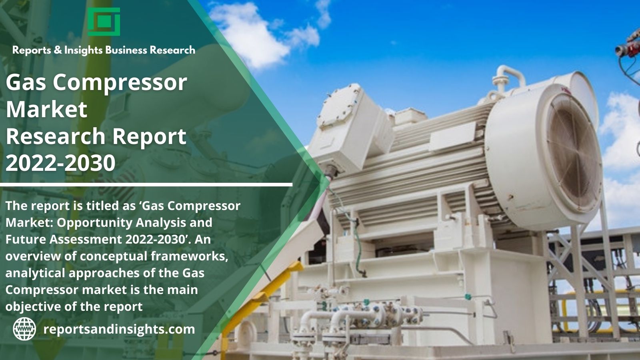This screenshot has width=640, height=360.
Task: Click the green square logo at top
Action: (x=104, y=22)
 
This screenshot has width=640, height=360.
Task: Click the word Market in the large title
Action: (x=46, y=109)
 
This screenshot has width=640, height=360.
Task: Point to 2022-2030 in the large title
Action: (x=60, y=163)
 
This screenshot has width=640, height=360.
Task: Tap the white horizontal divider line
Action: (x=146, y=185)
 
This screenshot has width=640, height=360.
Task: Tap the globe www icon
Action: (x=24, y=329)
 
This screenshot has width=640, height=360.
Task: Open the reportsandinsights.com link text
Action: (x=119, y=329)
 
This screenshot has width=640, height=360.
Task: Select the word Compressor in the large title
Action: (x=120, y=83)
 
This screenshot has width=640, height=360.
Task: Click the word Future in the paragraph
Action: (x=25, y=240)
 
